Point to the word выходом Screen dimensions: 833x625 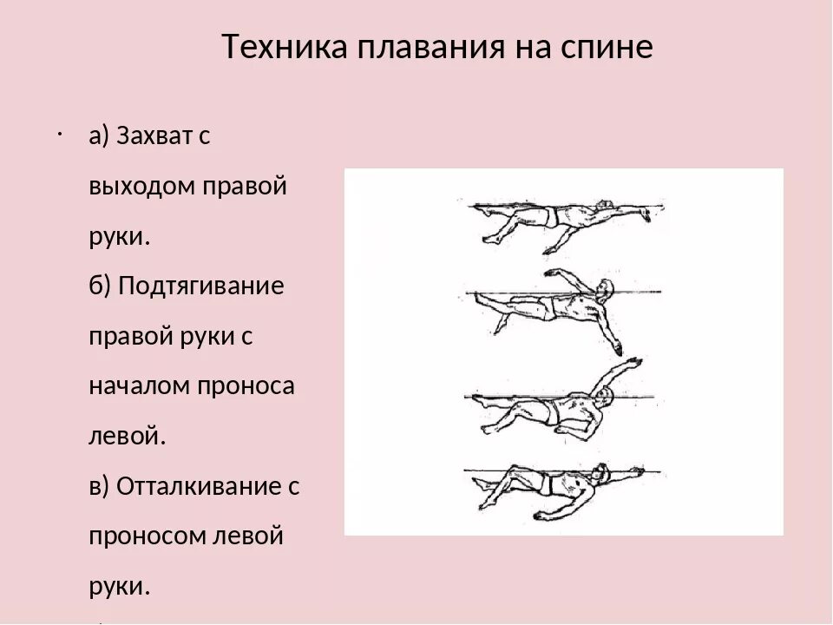[141, 187]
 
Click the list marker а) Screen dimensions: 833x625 [98, 137]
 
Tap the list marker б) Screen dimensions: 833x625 [99, 287]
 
